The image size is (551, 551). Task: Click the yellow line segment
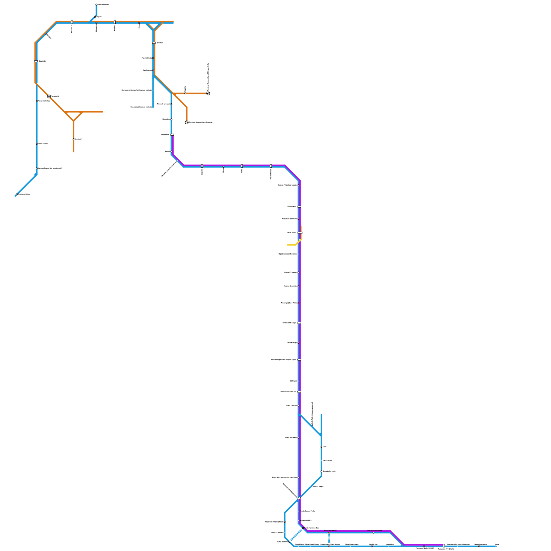[x=292, y=245]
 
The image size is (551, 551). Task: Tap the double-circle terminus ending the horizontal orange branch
[x=208, y=93]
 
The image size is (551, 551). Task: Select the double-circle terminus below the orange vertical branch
[x=187, y=122]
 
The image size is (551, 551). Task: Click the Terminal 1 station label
[x=79, y=139]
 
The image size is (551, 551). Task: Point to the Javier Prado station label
[x=291, y=233]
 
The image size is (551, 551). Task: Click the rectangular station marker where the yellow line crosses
[x=300, y=233]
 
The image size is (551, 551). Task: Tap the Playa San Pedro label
[x=291, y=438]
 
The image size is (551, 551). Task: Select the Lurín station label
[x=324, y=447]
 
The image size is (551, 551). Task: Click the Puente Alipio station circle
[x=298, y=343]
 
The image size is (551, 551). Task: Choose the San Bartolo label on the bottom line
[x=373, y=544]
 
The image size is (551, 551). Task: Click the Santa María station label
[x=389, y=544]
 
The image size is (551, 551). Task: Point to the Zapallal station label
[x=159, y=43]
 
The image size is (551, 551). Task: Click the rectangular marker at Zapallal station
[x=154, y=43]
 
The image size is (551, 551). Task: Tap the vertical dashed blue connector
[x=329, y=538]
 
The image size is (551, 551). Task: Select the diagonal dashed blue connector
[x=296, y=535]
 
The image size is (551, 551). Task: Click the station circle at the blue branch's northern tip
[x=96, y=4]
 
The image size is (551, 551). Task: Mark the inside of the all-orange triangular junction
[x=74, y=115]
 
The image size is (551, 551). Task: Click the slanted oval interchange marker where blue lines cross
[x=299, y=498]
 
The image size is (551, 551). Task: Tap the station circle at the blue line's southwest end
[x=17, y=194]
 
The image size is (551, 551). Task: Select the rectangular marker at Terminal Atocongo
[x=299, y=323]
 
